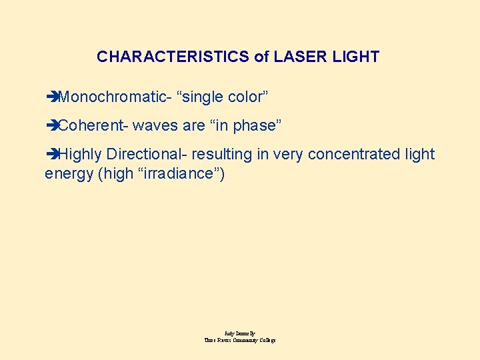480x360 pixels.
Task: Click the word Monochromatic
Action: [x=112, y=97]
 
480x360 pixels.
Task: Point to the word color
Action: [x=248, y=97]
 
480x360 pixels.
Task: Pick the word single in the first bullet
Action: [x=203, y=97]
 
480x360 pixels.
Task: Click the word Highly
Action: [x=80, y=155]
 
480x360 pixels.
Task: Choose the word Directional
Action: [x=145, y=155]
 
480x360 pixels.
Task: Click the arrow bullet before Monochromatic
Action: [x=51, y=97]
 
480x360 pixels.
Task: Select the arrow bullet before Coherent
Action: [x=51, y=126]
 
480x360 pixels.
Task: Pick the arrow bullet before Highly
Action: [x=51, y=155]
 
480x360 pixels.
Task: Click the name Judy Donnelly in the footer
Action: [x=240, y=333]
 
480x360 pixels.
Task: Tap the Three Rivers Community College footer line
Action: [x=240, y=340]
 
